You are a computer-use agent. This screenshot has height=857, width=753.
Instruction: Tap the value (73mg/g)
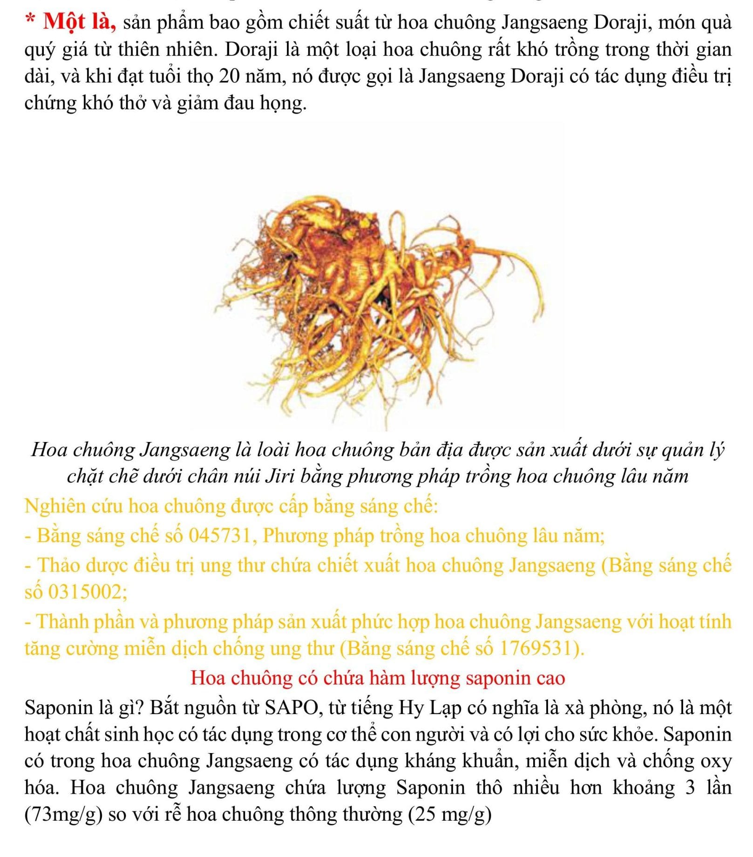63,815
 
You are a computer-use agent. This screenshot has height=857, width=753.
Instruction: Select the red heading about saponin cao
377,678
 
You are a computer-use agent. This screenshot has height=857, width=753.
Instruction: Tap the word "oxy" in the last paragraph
716,761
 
